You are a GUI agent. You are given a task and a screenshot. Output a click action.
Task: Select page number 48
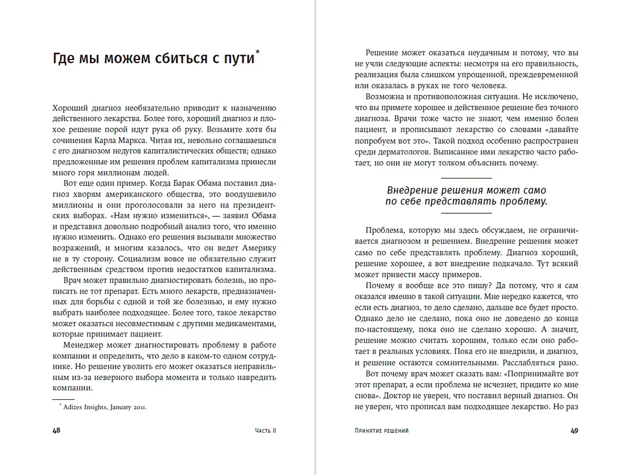[56, 431]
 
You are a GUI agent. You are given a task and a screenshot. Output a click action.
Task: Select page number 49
[574, 431]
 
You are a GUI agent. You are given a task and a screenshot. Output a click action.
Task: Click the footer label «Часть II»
[265, 431]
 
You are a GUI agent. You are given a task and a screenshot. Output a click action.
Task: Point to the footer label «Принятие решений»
[381, 431]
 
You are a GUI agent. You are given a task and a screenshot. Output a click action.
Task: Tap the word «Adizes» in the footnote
[73, 407]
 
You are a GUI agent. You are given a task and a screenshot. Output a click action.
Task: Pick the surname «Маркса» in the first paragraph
[130, 140]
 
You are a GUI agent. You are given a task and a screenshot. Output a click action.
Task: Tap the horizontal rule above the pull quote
[466, 178]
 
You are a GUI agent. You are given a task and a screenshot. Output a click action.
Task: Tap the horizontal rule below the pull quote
[466, 213]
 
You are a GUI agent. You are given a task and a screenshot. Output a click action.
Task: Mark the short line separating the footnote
[63, 399]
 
